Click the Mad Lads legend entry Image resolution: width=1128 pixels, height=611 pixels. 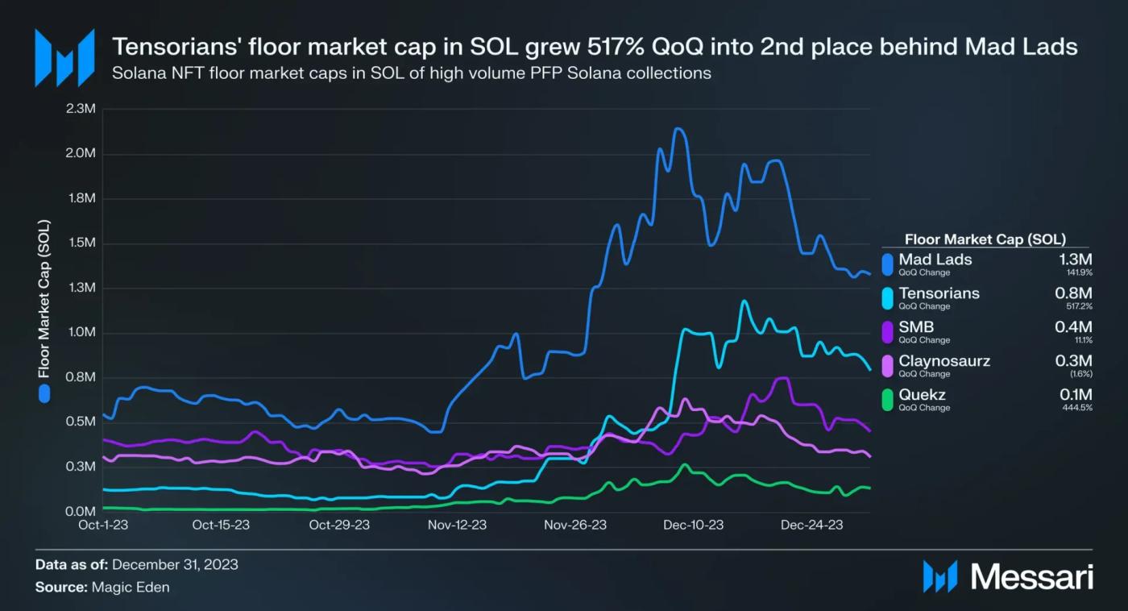[935, 260]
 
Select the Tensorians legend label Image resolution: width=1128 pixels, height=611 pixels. [939, 293]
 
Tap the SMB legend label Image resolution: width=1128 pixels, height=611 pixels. [916, 327]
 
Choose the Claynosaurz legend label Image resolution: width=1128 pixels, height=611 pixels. [944, 361]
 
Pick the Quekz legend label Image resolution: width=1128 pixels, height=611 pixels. [922, 395]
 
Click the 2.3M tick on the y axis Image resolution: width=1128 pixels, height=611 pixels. [81, 109]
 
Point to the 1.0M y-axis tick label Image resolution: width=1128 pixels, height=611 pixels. [81, 333]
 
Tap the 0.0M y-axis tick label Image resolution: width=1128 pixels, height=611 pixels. [81, 512]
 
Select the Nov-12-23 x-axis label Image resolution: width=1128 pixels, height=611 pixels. [457, 526]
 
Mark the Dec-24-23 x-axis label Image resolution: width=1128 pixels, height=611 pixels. [812, 526]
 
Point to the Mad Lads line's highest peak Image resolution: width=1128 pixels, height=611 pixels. [678, 129]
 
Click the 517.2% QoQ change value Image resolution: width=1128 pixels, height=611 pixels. [1078, 306]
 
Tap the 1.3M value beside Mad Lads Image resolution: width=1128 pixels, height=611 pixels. [1074, 260]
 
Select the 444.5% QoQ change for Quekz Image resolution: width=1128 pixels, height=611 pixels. [1078, 408]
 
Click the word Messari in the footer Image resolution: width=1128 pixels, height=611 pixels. [1032, 576]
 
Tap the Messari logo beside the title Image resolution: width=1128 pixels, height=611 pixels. [64, 57]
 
